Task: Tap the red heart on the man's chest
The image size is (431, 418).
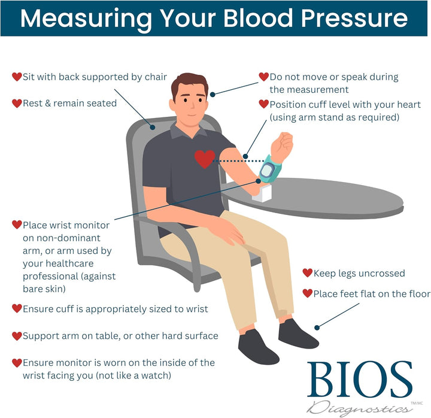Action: [x=205, y=159]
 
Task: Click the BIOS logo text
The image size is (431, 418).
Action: [x=360, y=380]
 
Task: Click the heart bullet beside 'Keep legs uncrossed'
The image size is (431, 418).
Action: [x=307, y=273]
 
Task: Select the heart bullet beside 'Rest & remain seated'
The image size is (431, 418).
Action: [x=17, y=104]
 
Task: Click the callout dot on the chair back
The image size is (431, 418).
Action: [x=152, y=128]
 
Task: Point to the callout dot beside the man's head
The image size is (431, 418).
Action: [x=213, y=95]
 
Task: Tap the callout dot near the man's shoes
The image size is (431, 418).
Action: [x=317, y=328]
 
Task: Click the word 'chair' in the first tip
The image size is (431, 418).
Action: [x=156, y=77]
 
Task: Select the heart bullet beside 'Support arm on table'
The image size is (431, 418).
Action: [x=17, y=336]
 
